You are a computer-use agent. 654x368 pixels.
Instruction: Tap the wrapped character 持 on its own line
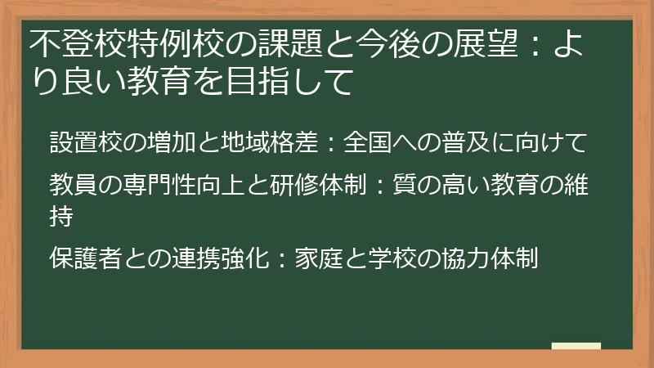pos(60,218)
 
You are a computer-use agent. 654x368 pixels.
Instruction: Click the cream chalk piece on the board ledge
pos(576,345)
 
